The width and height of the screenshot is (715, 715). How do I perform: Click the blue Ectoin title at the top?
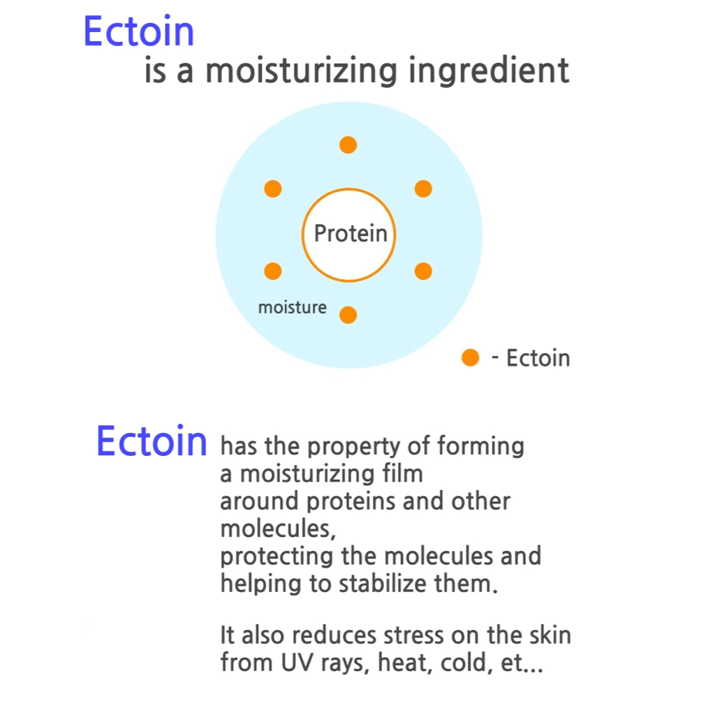[x=139, y=31]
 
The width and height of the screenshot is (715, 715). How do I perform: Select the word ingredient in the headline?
[x=488, y=71]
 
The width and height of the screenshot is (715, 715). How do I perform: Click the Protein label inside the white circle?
[x=351, y=233]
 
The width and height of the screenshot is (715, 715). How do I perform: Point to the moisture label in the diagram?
[x=293, y=307]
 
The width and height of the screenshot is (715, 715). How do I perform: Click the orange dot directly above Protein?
[x=348, y=145]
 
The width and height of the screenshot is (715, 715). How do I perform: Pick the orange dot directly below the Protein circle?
[x=348, y=315]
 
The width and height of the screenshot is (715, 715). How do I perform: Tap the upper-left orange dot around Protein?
[x=273, y=189]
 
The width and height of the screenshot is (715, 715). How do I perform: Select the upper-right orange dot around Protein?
[x=423, y=189]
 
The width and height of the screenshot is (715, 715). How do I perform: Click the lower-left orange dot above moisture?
[x=273, y=271]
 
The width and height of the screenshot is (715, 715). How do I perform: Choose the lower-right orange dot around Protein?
[x=423, y=271]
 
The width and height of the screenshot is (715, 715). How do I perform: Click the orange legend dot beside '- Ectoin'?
[x=470, y=357]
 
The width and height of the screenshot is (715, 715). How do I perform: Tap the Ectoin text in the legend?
[x=538, y=358]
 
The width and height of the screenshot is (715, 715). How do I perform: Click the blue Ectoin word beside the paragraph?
[x=152, y=441]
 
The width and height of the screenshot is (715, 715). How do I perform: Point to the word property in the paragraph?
[x=354, y=447]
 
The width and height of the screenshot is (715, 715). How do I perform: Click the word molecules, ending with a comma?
[x=278, y=529]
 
